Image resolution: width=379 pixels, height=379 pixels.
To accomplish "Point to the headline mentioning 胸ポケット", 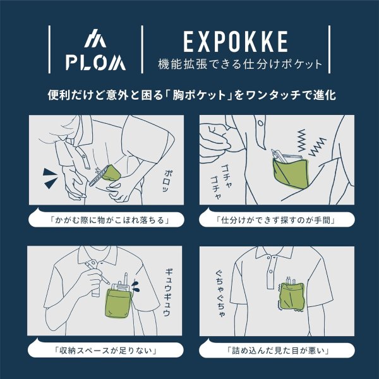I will [x=189, y=96].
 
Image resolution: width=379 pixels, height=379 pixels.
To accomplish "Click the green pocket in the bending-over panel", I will [x=112, y=172].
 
